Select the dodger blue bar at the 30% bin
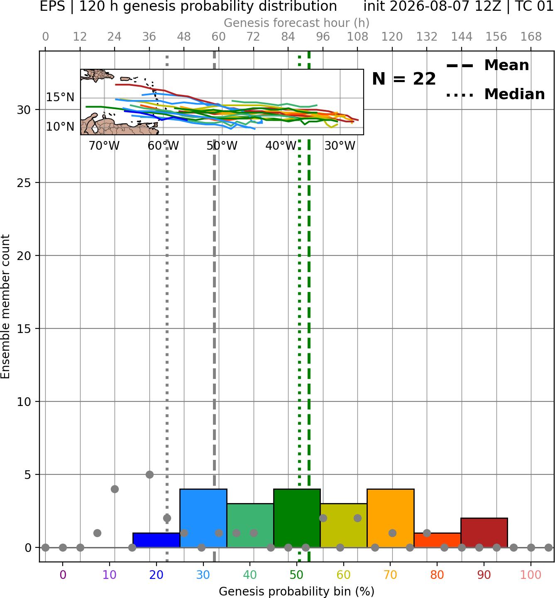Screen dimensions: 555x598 click(203, 518)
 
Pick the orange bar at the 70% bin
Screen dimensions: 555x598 click(390, 518)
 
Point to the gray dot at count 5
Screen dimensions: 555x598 click(149, 474)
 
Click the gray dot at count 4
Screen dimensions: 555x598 click(115, 489)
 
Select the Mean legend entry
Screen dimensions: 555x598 click(487, 66)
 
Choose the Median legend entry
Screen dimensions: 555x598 click(495, 94)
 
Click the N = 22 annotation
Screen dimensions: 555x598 click(404, 79)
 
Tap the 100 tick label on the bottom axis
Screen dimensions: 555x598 click(531, 575)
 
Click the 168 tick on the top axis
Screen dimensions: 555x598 click(531, 37)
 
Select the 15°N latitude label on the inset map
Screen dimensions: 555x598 click(60, 97)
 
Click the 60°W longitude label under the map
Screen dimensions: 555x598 click(163, 146)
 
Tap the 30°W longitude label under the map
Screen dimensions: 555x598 click(340, 146)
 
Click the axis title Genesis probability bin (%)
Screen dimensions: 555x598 click(297, 591)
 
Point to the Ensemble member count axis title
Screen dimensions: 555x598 click(5, 306)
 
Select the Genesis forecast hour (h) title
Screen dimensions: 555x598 click(297, 23)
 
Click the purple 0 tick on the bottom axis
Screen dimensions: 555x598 click(63, 575)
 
